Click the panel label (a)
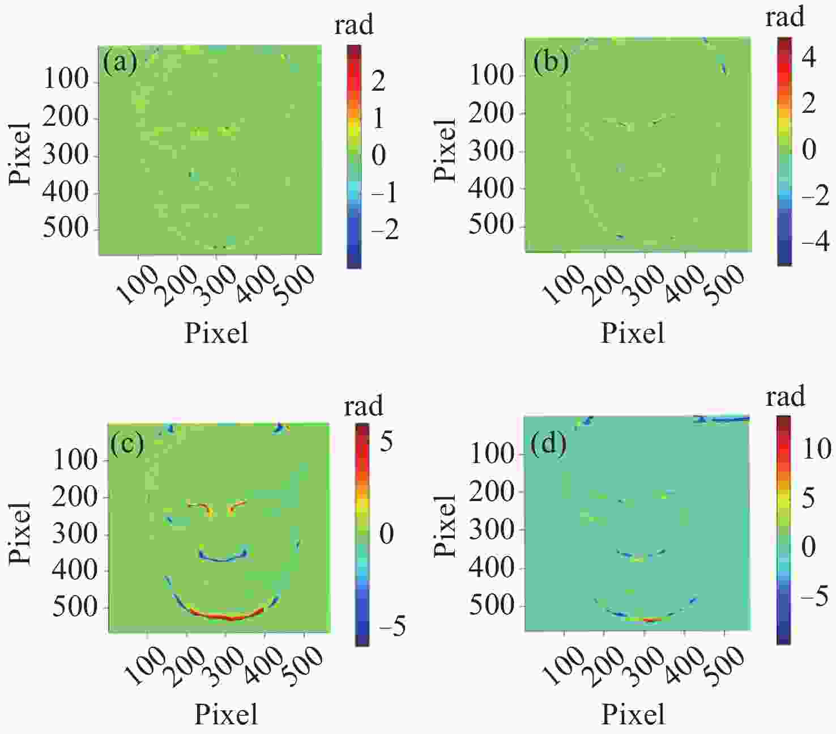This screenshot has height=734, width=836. pos(120,62)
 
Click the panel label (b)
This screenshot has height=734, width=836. pos(551,62)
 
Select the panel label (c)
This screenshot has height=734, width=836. pos(127,443)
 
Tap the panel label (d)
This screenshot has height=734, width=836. pos(548,444)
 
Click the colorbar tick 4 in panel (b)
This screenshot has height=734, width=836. pos(809,57)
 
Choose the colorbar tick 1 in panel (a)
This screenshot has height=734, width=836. pos(377,118)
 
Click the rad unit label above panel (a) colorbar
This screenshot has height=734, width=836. pos(354,25)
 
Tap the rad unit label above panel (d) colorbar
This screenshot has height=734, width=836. pos(785,396)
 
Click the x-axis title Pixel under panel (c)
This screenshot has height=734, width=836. pos(226,714)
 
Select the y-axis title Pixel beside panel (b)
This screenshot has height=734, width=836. pos(445,150)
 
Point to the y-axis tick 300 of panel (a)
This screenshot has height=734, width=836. pos(66,155)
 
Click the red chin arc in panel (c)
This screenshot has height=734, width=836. pos(227,616)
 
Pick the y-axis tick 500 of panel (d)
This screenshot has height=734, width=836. pos(492,605)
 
